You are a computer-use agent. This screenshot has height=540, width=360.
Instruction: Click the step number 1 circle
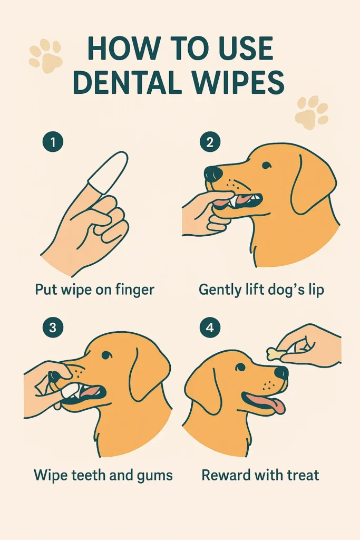[x=52, y=142]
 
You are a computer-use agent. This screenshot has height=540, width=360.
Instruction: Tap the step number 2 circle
[x=209, y=142]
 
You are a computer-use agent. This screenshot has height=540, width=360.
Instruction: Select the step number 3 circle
[x=52, y=327]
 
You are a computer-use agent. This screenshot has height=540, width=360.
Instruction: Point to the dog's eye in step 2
[x=267, y=166]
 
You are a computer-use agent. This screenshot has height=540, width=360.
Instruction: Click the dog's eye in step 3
[x=106, y=355]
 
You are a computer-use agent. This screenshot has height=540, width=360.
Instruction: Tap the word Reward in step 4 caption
[x=227, y=475]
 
